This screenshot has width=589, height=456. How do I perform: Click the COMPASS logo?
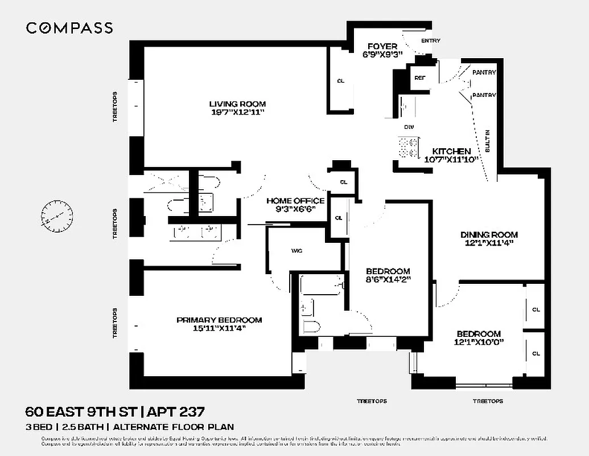click(69, 28)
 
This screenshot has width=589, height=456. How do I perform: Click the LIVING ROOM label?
click(237, 104)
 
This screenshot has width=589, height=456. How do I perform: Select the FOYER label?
click(382, 46)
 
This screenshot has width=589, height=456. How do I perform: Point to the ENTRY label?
click(430, 40)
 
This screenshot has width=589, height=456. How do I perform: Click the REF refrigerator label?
click(420, 78)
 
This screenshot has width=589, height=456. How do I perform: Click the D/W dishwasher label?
click(408, 127)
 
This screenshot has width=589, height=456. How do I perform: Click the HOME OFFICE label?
click(295, 201)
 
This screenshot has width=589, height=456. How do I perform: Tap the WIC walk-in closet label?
click(296, 250)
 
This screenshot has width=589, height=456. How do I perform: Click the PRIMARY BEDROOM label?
click(219, 320)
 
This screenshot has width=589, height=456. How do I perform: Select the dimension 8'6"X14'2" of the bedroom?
click(388, 279)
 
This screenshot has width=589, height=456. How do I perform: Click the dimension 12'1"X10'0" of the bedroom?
click(479, 342)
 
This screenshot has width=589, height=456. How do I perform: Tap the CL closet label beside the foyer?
click(341, 81)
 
